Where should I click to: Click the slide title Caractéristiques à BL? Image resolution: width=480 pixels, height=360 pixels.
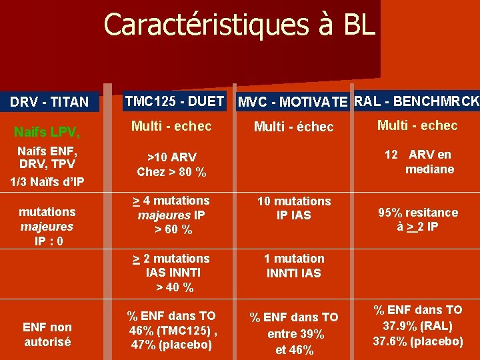(x=239, y=25)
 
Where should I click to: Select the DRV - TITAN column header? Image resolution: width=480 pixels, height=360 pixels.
(x=49, y=102)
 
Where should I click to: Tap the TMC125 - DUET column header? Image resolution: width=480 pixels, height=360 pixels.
(x=175, y=101)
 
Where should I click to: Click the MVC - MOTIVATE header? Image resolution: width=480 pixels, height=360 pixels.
(x=293, y=102)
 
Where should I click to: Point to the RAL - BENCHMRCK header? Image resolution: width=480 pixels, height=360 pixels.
(x=417, y=101)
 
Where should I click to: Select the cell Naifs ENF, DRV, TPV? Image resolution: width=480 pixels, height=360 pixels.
(x=47, y=157)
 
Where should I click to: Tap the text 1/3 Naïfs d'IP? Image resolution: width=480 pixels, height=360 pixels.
(x=47, y=181)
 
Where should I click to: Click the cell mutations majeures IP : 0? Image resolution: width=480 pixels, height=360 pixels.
(x=47, y=226)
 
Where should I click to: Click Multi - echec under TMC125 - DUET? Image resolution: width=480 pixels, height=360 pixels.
(x=171, y=126)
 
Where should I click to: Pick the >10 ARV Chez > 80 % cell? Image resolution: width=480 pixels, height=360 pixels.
(x=171, y=165)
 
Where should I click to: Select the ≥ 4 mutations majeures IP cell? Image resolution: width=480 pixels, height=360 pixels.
(x=171, y=215)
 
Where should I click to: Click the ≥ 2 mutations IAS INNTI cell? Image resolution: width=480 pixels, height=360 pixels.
(x=171, y=273)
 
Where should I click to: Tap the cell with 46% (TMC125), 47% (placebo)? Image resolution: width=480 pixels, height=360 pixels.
(x=171, y=330)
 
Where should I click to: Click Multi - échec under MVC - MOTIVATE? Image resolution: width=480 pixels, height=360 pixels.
(x=294, y=127)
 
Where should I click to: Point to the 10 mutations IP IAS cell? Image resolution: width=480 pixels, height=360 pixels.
(x=294, y=208)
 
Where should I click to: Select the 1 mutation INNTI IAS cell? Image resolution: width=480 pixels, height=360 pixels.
(x=294, y=265)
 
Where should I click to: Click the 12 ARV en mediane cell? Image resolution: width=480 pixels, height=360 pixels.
(x=419, y=162)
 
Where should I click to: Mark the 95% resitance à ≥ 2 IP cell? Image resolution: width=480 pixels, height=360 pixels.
(x=418, y=219)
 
